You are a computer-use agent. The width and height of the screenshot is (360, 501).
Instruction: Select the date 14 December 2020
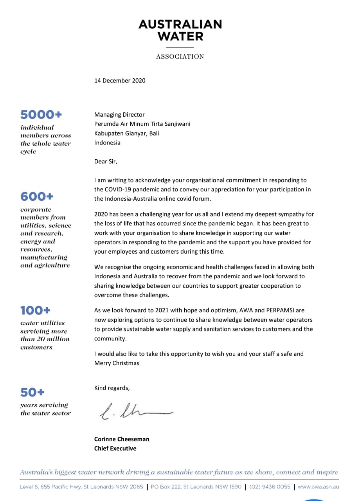(x=120, y=81)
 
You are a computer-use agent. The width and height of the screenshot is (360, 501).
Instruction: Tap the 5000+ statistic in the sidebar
(x=41, y=115)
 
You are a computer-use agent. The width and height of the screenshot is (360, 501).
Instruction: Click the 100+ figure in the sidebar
(x=35, y=311)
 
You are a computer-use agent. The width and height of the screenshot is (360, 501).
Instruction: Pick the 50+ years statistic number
(x=32, y=392)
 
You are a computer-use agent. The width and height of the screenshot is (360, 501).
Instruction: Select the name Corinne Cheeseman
(x=122, y=439)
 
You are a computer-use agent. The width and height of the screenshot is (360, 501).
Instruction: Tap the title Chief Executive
(x=115, y=449)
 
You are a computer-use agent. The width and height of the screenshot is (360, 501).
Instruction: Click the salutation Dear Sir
(x=106, y=161)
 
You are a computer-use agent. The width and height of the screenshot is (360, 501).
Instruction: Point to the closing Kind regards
(x=112, y=388)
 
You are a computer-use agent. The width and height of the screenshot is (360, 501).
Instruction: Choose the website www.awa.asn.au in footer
(x=318, y=487)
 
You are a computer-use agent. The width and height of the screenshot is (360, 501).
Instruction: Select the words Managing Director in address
(x=119, y=115)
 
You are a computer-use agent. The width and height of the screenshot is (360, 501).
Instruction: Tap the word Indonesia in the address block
(x=107, y=143)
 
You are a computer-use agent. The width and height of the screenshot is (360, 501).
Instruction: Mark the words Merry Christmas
(x=117, y=363)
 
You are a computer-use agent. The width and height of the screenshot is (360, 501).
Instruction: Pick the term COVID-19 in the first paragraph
(x=118, y=189)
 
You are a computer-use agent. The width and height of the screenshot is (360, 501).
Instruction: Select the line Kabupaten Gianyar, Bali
(x=126, y=133)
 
